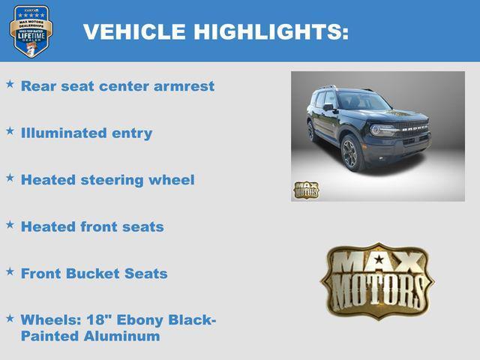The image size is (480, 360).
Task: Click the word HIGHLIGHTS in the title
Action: (271, 32)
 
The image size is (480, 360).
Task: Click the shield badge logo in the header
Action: (31, 31)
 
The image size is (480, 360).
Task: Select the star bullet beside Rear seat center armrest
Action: (10, 85)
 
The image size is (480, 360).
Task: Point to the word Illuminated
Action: (64, 133)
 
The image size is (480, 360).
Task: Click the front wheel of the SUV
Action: (350, 153)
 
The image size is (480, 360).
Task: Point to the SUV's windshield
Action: (363, 102)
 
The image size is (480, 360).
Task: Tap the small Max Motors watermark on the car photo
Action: (306, 190)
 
